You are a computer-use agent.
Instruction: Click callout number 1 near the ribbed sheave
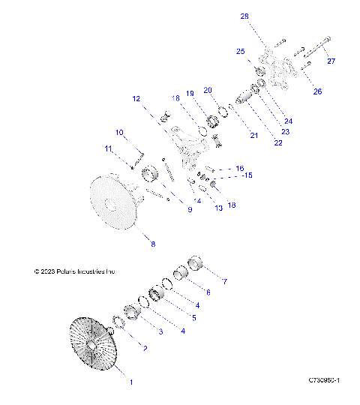pos(131,382)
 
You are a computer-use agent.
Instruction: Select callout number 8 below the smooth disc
pos(153,244)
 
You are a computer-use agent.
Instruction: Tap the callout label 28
pos(244,16)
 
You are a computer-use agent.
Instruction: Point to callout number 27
pos(331,61)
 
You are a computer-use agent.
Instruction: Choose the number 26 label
pos(317,91)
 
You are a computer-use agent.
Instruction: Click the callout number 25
pos(241,52)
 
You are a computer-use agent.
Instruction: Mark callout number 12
pos(136,98)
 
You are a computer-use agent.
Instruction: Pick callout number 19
pos(190,93)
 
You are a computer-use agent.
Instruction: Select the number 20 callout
pos(208,89)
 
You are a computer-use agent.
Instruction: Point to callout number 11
pos(109,148)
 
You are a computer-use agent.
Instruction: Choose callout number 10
pos(119,133)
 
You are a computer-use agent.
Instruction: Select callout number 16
pos(240,168)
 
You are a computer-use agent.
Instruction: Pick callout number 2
pos(145,349)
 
